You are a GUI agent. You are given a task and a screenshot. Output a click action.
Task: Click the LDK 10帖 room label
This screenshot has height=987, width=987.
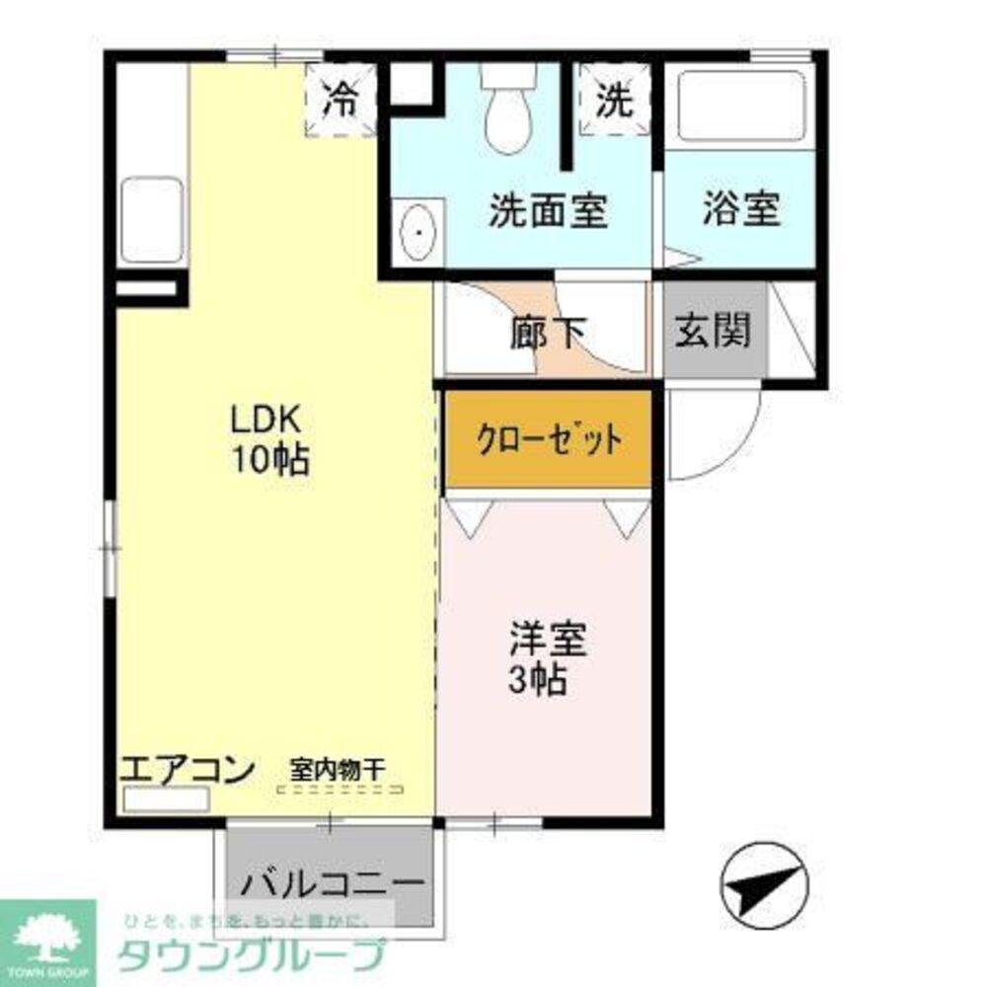click(x=269, y=439)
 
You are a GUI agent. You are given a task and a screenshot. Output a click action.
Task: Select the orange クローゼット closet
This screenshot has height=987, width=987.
click(x=549, y=438)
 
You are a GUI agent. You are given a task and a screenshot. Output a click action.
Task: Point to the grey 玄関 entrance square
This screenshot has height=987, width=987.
click(x=714, y=330)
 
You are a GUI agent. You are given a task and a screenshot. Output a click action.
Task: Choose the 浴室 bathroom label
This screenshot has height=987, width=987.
click(x=741, y=208)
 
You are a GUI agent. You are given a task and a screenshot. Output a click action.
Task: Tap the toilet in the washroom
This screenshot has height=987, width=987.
click(x=508, y=114)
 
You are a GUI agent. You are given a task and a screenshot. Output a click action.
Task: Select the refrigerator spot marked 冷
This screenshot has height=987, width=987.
click(x=342, y=101)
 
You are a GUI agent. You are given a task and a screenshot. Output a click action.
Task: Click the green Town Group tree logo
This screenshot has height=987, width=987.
click(x=46, y=938)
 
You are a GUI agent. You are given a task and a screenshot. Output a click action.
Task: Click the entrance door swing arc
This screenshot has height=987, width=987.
click(x=721, y=434)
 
